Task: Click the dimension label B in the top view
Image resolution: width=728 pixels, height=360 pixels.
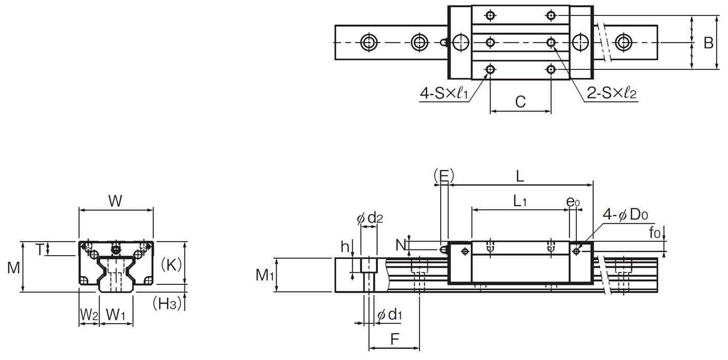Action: click(708, 43)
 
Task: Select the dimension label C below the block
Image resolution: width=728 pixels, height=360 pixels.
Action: click(520, 102)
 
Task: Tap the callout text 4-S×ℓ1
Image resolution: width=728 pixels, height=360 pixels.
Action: click(444, 94)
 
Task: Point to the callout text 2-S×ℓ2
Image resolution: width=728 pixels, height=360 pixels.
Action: click(611, 94)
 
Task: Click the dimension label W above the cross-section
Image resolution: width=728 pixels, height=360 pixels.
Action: click(116, 201)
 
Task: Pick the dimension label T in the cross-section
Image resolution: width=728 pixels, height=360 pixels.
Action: click(39, 249)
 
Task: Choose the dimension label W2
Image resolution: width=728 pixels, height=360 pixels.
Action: click(88, 314)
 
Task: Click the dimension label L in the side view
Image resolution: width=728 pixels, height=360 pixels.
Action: click(520, 177)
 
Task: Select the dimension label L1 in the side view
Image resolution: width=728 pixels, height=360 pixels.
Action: click(520, 202)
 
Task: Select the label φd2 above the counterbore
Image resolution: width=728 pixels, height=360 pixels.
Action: click(370, 219)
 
